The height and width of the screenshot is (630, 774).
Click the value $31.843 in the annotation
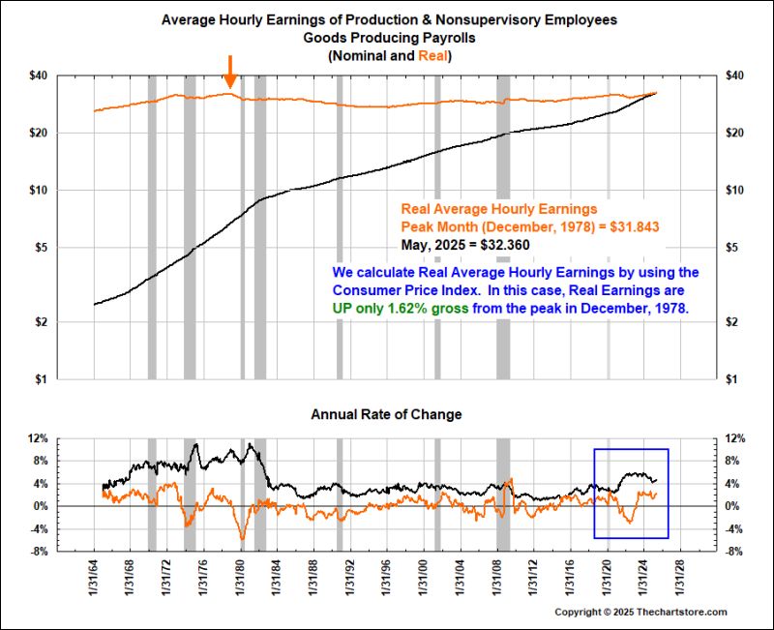coord(632,225)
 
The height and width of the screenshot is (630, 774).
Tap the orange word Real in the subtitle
coord(434,57)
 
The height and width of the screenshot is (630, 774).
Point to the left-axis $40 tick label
coord(37,75)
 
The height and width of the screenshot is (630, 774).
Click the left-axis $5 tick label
coord(40,248)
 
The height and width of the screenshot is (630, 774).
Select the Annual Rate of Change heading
coord(386,414)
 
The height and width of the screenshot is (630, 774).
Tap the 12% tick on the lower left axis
coord(38,438)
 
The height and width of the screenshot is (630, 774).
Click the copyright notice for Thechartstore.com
coord(640,613)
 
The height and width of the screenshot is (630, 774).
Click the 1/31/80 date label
coord(241,580)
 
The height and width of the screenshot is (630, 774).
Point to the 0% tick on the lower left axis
coord(41,506)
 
